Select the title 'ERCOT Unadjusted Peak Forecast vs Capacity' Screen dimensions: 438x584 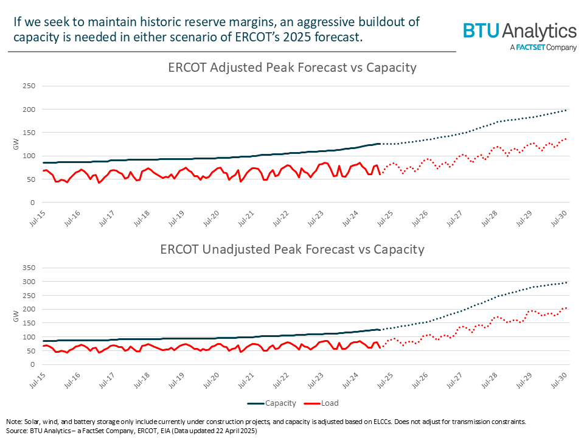point(292,249)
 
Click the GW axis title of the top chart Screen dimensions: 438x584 point(16,144)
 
